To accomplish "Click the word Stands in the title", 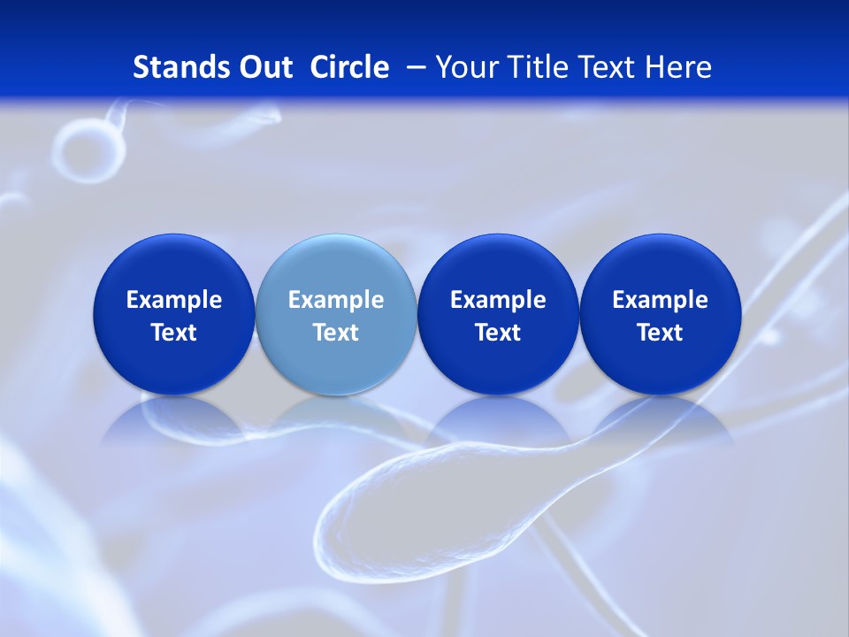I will pyautogui.click(x=175, y=67).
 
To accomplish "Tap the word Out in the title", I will pyautogui.click(x=264, y=67).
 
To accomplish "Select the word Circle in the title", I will pyautogui.click(x=349, y=67).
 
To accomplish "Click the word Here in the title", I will pyautogui.click(x=678, y=67).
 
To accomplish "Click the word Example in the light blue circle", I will pyautogui.click(x=336, y=300).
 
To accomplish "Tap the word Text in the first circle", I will pyautogui.click(x=173, y=333).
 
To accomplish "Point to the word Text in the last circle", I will pyautogui.click(x=660, y=333).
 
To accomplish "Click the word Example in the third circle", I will pyautogui.click(x=498, y=300).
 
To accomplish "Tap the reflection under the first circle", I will pyautogui.click(x=173, y=420).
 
